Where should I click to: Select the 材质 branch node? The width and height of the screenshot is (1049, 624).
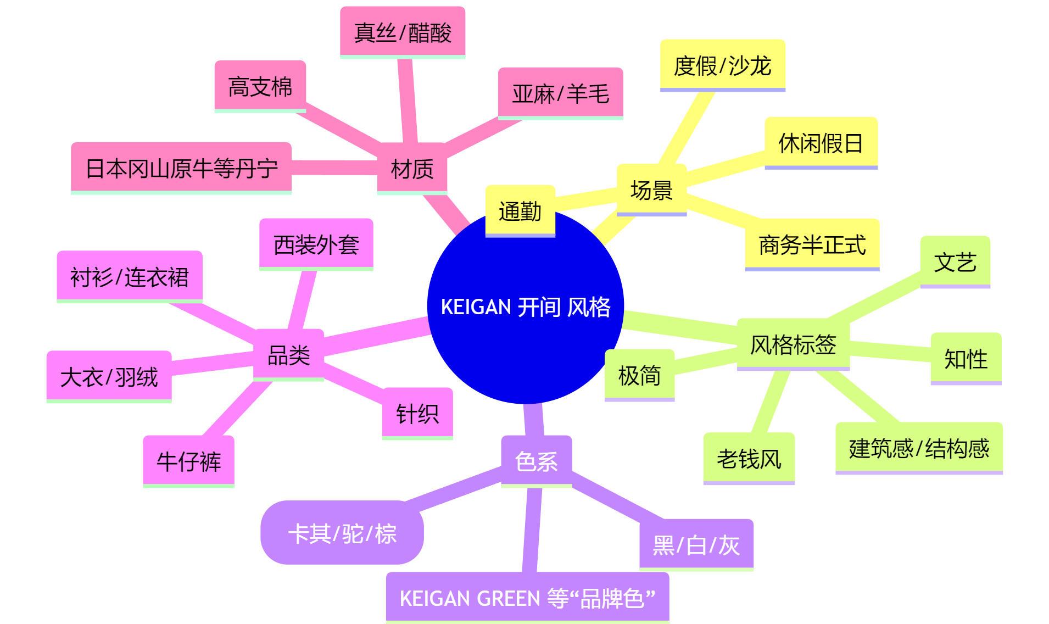tap(412, 168)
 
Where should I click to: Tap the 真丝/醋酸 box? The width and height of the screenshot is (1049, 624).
tap(403, 32)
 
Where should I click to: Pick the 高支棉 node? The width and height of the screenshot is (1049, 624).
tap(260, 86)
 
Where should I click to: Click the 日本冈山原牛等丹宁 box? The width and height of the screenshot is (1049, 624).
tap(181, 168)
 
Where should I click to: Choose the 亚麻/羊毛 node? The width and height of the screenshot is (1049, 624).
tap(560, 93)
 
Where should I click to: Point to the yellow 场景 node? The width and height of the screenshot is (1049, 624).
tap(651, 190)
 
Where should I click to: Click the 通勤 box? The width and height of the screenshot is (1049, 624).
tap(520, 211)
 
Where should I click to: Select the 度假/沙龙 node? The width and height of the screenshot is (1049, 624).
tap(722, 65)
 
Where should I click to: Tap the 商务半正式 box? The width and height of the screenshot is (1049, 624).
tap(812, 244)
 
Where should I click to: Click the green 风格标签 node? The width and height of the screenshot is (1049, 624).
tap(793, 344)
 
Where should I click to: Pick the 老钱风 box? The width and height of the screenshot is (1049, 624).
tap(749, 458)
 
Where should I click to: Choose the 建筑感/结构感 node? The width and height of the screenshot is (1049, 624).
tap(919, 448)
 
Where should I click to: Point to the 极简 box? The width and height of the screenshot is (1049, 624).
tap(639, 375)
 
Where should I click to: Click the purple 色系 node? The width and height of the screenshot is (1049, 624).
tap(536, 461)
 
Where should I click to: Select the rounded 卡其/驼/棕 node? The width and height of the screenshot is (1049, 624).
tap(342, 532)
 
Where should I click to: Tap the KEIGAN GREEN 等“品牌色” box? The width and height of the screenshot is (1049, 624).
tap(527, 597)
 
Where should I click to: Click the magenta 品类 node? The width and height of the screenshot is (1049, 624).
tap(288, 354)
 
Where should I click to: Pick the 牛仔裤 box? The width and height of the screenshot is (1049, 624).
tap(188, 461)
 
